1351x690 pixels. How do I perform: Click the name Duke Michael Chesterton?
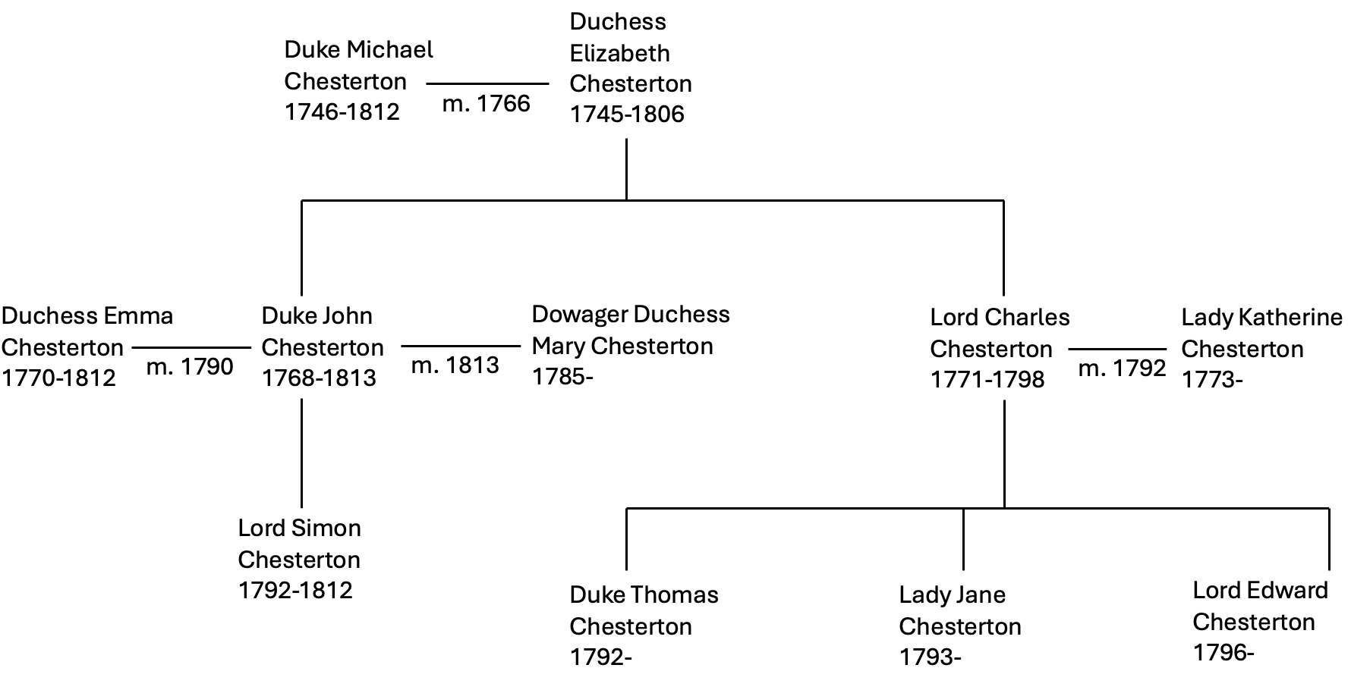pyautogui.click(x=359, y=65)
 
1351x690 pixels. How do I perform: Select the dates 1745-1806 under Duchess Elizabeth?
pyautogui.click(x=627, y=114)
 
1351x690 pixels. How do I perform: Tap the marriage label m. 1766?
pyautogui.click(x=487, y=103)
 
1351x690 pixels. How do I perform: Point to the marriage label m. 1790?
pyautogui.click(x=190, y=367)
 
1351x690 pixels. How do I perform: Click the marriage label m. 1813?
pyautogui.click(x=455, y=365)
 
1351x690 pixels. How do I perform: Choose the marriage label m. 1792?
pyautogui.click(x=1122, y=369)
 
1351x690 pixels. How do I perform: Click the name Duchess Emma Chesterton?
pyautogui.click(x=87, y=331)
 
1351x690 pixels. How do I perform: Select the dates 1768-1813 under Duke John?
pyautogui.click(x=319, y=378)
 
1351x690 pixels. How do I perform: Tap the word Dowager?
pyautogui.click(x=580, y=315)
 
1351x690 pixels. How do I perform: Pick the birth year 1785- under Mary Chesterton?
pyautogui.click(x=562, y=376)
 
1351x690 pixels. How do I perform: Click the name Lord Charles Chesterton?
pyautogui.click(x=1000, y=333)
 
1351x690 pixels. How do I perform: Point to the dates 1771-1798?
pyautogui.click(x=987, y=379)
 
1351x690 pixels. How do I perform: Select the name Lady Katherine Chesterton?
pyautogui.click(x=1261, y=333)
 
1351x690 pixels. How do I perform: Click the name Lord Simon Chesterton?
pyautogui.click(x=299, y=544)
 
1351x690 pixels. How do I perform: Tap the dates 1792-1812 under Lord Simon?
pyautogui.click(x=295, y=590)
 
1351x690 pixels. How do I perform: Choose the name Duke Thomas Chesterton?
pyautogui.click(x=644, y=610)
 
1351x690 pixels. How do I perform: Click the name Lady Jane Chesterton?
pyautogui.click(x=960, y=610)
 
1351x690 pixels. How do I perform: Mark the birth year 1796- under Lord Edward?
pyautogui.click(x=1223, y=652)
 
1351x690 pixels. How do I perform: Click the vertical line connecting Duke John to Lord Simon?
pyautogui.click(x=302, y=453)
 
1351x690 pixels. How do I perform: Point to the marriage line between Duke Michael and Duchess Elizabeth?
pyautogui.click(x=487, y=84)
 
